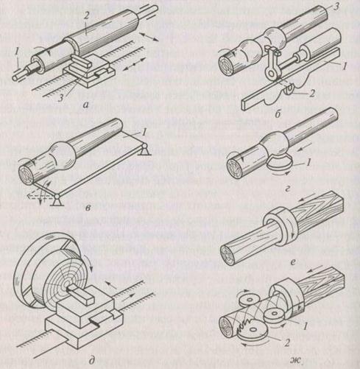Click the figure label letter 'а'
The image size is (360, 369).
[86, 105]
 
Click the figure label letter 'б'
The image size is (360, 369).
[278, 114]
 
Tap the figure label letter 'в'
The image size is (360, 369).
[88, 208]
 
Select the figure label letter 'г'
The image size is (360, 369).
[288, 189]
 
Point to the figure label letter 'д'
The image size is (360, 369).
[91, 361]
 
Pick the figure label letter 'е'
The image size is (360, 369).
[292, 263]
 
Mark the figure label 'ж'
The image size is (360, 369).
[296, 360]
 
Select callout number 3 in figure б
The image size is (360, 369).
[336, 7]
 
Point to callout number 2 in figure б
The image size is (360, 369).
[312, 94]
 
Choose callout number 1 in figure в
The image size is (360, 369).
[144, 133]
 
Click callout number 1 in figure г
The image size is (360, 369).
[308, 161]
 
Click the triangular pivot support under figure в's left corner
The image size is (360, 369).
[57, 200]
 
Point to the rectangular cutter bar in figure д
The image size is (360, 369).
[82, 292]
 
